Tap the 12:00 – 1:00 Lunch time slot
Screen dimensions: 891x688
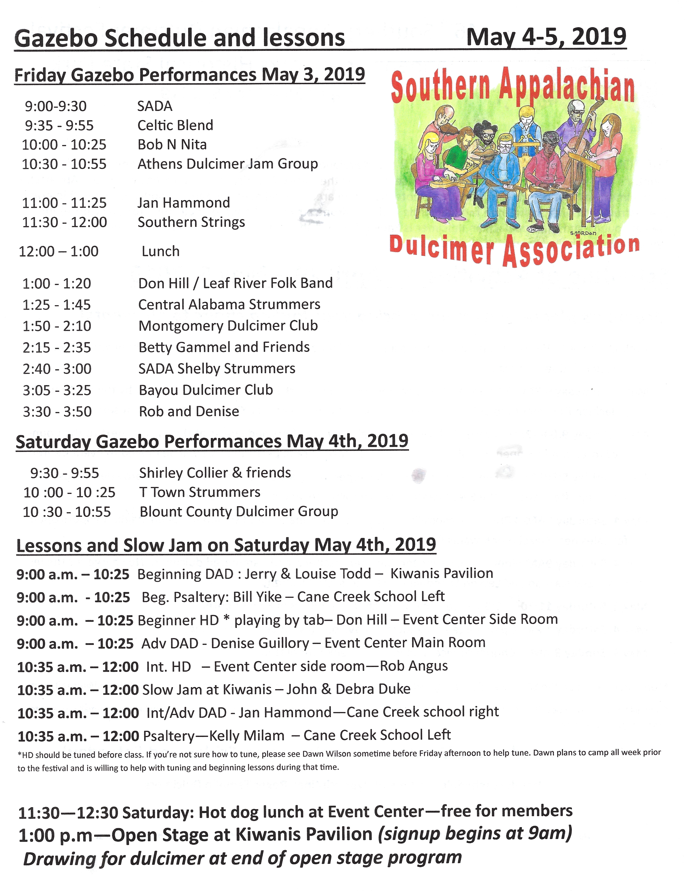coord(58,251)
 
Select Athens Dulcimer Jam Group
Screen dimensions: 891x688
coord(227,164)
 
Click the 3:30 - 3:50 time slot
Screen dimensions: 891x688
coord(57,412)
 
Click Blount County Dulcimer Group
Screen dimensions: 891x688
coord(239,512)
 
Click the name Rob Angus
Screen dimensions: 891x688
coord(414,666)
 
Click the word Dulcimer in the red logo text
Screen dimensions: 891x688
coord(441,247)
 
